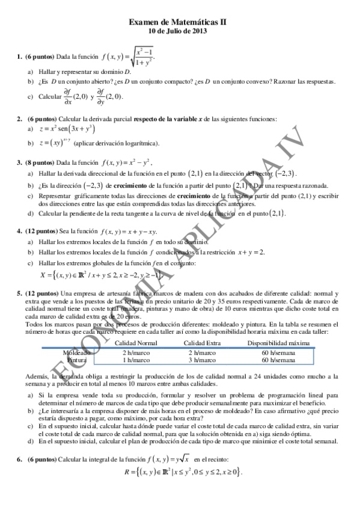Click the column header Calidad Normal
[x=136, y=343]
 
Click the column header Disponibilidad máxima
[x=274, y=343]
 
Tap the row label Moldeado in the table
[x=76, y=352]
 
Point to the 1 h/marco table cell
[x=136, y=360]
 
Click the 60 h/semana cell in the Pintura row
[x=273, y=360]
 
